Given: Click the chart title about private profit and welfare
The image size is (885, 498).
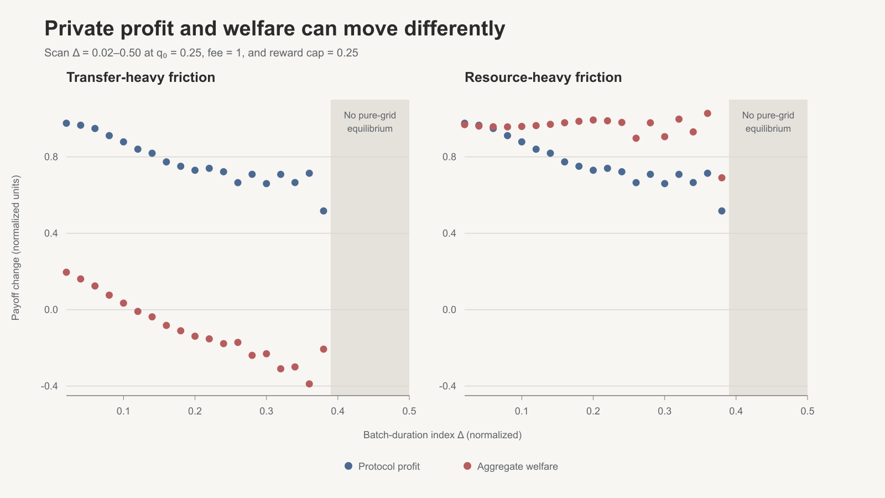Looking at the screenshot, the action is coord(274,28).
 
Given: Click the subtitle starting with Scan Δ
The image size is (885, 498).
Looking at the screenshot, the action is coord(201,53).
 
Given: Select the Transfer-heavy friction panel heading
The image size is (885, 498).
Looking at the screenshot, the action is coord(140,77).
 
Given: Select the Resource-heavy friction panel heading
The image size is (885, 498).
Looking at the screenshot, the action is coord(543,77).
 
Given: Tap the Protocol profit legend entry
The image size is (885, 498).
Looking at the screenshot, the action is coord(382,466).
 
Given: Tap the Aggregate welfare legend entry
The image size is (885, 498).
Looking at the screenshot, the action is coord(511,466).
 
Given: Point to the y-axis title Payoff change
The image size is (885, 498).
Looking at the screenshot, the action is coord(15,248).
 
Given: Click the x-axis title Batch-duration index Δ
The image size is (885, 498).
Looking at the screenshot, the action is coord(442,435).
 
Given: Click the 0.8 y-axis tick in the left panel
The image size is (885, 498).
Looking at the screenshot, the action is coord(51,157).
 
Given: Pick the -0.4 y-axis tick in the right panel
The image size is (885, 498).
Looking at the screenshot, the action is coord(447,386).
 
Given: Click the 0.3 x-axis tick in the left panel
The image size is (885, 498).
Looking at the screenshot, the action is coord(266,411).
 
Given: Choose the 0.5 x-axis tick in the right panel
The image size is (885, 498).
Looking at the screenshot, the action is coord(807,411).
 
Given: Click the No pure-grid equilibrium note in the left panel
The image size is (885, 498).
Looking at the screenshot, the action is coord(370,122).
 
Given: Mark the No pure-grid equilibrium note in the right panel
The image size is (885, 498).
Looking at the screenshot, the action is coord(768,122).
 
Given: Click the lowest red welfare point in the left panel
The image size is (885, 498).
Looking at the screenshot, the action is coord(309,384).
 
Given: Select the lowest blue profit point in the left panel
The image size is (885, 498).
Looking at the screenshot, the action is coord(324,211).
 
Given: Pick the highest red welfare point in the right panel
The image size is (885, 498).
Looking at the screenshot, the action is coord(707,113).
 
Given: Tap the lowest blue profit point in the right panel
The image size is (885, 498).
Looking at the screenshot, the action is coord(722,211).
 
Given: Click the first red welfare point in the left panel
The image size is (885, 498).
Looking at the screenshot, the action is coord(66,272).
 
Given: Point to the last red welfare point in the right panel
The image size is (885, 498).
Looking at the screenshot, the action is coord(722,178).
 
